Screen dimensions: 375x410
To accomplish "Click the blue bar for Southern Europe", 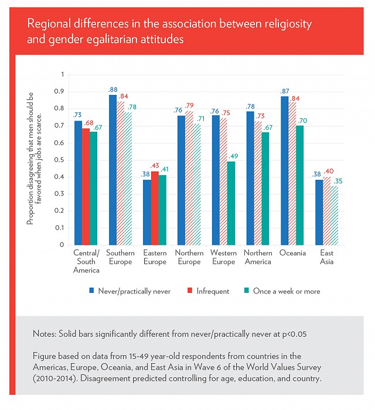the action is point(112,170).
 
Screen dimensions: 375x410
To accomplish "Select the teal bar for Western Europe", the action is point(231,203).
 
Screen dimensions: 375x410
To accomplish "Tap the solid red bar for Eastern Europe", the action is point(155,208).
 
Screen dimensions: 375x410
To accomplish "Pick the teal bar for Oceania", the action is point(300,186).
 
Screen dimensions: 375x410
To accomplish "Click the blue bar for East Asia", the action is point(319,212).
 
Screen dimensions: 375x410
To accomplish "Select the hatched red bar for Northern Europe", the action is point(189,178).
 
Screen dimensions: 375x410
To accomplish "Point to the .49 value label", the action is point(233,156).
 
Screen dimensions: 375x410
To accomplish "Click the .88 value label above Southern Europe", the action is point(112,90).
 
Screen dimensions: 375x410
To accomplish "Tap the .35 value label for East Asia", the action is point(337,181).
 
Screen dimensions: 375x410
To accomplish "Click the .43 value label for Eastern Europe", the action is point(154,166).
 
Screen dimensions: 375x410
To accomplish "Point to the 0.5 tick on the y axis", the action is point(59,160).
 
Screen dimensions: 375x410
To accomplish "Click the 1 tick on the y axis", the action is point(63,74).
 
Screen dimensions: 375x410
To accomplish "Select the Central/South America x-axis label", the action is point(86,261).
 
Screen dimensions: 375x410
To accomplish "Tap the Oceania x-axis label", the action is point(292,253).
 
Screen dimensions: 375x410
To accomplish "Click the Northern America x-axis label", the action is point(258,257).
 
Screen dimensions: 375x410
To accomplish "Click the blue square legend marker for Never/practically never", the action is point(91,291).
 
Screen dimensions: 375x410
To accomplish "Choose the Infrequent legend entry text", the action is point(213,291).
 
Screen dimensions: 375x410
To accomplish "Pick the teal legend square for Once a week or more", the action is point(246,291).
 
